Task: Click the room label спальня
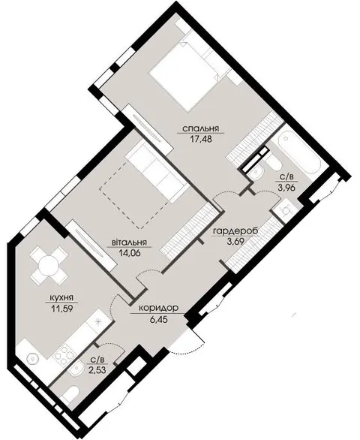pyautogui.click(x=200, y=129)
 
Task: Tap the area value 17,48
pyautogui.click(x=200, y=139)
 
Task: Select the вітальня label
pyautogui.click(x=130, y=243)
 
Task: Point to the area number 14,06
pyautogui.click(x=130, y=253)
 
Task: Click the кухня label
pyautogui.click(x=61, y=297)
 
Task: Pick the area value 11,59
pyautogui.click(x=61, y=309)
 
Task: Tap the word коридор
pyautogui.click(x=159, y=308)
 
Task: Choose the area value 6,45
pyautogui.click(x=159, y=319)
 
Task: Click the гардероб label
pyautogui.click(x=235, y=231)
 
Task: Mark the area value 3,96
pyautogui.click(x=287, y=188)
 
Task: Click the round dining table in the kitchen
pyautogui.click(x=49, y=266)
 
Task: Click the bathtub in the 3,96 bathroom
pyautogui.click(x=298, y=152)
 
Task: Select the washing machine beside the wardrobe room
pyautogui.click(x=285, y=209)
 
